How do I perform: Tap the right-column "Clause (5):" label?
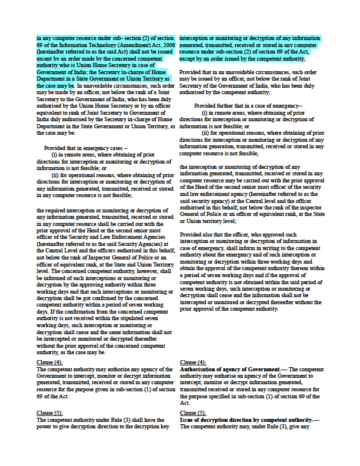[193, 413]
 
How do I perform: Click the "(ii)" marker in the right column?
[206, 133]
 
